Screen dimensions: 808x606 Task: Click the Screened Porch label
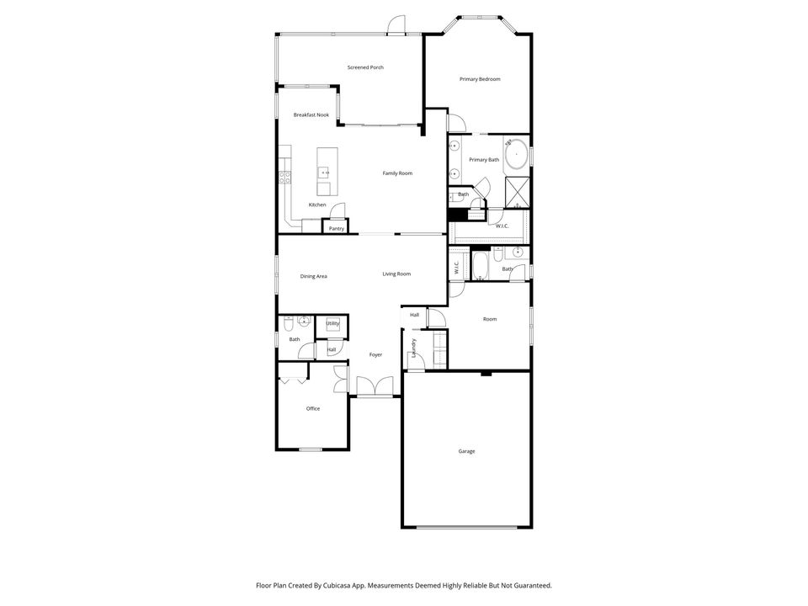(x=365, y=67)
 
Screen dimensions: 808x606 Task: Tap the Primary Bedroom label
(x=480, y=79)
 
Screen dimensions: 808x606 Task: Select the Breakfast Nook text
(x=311, y=115)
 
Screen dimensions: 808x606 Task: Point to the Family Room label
(x=397, y=173)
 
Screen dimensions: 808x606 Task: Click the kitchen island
(x=327, y=172)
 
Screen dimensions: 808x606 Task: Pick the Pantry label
(x=337, y=229)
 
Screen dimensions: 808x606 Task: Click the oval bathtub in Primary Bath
(x=516, y=153)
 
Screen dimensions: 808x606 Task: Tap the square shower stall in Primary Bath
(x=518, y=193)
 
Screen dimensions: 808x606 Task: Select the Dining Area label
(x=313, y=277)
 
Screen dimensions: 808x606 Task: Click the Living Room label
(x=396, y=274)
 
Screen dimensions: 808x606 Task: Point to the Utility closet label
(x=333, y=323)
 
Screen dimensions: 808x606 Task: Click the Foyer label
(x=375, y=355)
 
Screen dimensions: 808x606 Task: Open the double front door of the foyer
(x=375, y=386)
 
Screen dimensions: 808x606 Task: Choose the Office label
(x=313, y=409)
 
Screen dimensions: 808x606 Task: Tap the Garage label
(x=467, y=451)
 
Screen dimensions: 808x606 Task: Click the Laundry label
(x=414, y=348)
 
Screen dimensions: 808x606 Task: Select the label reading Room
(x=490, y=320)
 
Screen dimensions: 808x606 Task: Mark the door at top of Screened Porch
(x=396, y=25)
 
